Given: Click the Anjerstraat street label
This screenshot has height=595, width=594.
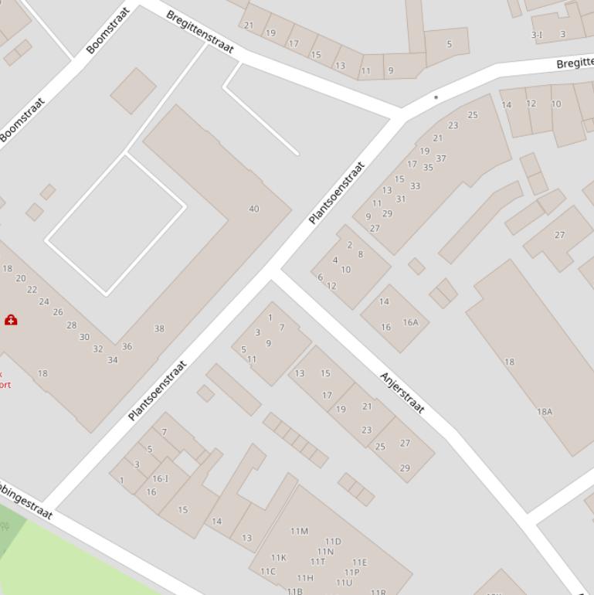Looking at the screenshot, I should click(402, 393).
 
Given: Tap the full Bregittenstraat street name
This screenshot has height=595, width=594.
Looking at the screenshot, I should click(199, 32).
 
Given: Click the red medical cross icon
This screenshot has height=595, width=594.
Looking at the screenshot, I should click(11, 319).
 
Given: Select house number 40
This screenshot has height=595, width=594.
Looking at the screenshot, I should click(254, 209).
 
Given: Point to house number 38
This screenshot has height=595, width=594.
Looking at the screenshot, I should click(159, 328).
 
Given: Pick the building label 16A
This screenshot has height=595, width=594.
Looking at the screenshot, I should click(410, 322).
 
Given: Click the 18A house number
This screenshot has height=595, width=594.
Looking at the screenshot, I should click(545, 412).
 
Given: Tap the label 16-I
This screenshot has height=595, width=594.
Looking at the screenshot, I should click(160, 479).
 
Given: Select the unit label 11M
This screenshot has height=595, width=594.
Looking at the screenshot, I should click(299, 531).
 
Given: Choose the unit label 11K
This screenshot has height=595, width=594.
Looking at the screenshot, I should click(278, 557).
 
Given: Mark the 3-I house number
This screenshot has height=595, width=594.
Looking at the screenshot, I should click(536, 35).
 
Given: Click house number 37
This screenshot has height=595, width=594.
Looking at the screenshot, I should click(440, 158).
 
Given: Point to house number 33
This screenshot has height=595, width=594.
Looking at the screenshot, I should click(415, 185).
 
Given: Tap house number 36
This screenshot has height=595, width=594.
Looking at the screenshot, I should click(127, 346).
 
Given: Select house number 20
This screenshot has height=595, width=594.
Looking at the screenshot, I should click(21, 278).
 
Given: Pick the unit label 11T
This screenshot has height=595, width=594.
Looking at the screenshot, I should click(317, 562).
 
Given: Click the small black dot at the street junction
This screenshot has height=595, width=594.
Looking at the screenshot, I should click(436, 97).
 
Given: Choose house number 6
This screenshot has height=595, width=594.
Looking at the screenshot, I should click(320, 277).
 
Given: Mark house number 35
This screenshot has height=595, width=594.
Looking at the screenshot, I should click(428, 167).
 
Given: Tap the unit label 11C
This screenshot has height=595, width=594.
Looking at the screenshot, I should click(268, 572).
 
